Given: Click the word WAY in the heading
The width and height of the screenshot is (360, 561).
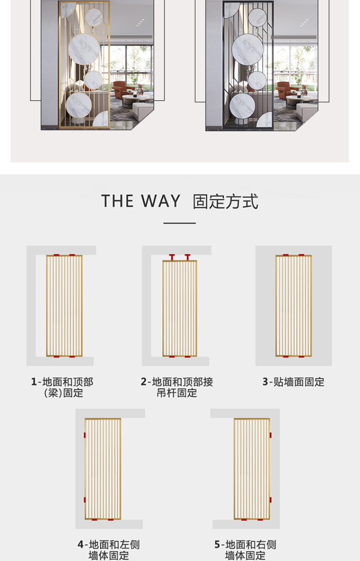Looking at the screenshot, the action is click(x=160, y=201).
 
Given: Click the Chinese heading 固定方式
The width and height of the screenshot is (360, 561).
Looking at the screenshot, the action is click(x=226, y=201).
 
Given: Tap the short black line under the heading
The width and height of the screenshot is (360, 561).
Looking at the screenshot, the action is click(x=180, y=223).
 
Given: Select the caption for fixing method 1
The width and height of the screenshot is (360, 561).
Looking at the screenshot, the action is click(x=62, y=387).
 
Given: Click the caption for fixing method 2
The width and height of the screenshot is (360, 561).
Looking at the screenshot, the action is click(x=177, y=387).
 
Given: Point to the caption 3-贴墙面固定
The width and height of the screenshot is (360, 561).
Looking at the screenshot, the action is click(x=293, y=382).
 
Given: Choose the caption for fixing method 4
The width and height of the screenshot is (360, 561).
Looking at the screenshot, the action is click(x=108, y=551).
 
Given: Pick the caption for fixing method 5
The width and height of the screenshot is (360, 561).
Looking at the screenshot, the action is click(x=245, y=551).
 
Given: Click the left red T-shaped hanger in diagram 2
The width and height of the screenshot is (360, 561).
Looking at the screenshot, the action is click(x=172, y=257).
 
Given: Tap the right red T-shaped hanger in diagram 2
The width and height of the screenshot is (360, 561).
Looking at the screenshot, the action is click(x=187, y=257).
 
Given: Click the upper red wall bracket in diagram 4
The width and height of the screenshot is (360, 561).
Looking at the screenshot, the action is click(x=85, y=435).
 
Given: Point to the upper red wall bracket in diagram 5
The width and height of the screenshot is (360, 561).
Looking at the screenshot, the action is click(x=270, y=435).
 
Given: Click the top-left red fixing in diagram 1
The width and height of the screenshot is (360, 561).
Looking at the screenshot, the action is click(x=57, y=255).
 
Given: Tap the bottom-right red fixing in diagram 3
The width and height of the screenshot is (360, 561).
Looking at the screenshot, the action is click(x=302, y=356).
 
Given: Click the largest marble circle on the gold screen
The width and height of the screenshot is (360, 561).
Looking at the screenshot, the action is click(x=84, y=49).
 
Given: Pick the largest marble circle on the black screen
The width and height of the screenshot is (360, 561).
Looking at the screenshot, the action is click(x=247, y=49).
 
